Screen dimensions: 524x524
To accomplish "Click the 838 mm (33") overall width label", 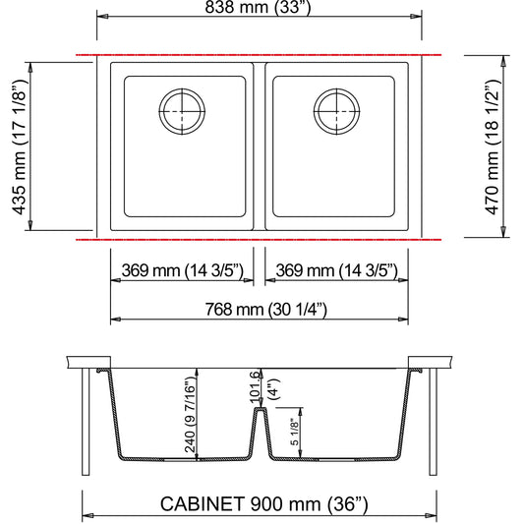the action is [258, 7].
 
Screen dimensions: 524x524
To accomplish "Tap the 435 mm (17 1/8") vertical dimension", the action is [20, 147].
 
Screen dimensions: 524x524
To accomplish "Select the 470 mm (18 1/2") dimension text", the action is [493, 147].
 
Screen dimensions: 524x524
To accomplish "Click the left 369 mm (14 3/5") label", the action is [183, 270].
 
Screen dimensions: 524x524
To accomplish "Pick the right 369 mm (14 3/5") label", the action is [337, 270].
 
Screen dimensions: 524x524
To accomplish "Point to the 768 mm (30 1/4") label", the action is [266, 310].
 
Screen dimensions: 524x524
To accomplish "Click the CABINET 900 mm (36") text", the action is [264, 504].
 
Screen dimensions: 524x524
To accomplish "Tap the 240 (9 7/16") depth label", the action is [190, 415].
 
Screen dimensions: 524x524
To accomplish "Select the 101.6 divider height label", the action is [255, 386].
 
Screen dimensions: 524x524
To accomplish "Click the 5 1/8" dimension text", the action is [294, 432].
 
